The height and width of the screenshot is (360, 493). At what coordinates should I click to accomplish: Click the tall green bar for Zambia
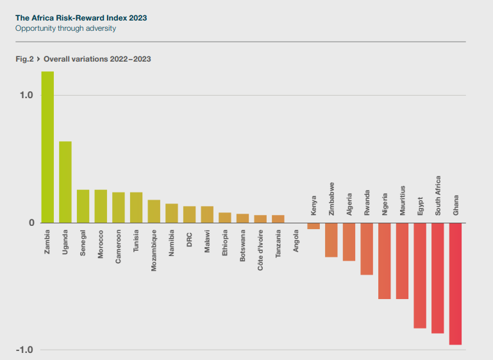[x=47, y=147]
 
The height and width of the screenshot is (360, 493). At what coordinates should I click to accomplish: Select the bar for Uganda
[x=65, y=182]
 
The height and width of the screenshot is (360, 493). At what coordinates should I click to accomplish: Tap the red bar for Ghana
[x=455, y=284]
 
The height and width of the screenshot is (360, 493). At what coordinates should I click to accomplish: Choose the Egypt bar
[x=420, y=275]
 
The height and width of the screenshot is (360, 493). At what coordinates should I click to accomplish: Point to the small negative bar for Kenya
[x=313, y=226]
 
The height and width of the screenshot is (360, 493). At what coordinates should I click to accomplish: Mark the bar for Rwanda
[x=367, y=249]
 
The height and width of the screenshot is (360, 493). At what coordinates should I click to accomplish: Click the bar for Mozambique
[x=154, y=212]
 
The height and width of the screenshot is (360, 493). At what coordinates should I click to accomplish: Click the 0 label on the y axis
[x=29, y=223]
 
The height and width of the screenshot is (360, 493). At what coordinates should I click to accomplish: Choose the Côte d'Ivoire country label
[x=260, y=251]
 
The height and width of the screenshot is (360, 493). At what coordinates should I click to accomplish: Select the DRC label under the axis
[x=190, y=238]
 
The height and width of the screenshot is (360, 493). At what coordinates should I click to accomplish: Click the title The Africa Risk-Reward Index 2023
[x=81, y=18]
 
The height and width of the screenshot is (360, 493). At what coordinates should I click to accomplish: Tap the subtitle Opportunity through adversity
[x=65, y=29]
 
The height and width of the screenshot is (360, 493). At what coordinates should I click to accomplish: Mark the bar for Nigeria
[x=385, y=261]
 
